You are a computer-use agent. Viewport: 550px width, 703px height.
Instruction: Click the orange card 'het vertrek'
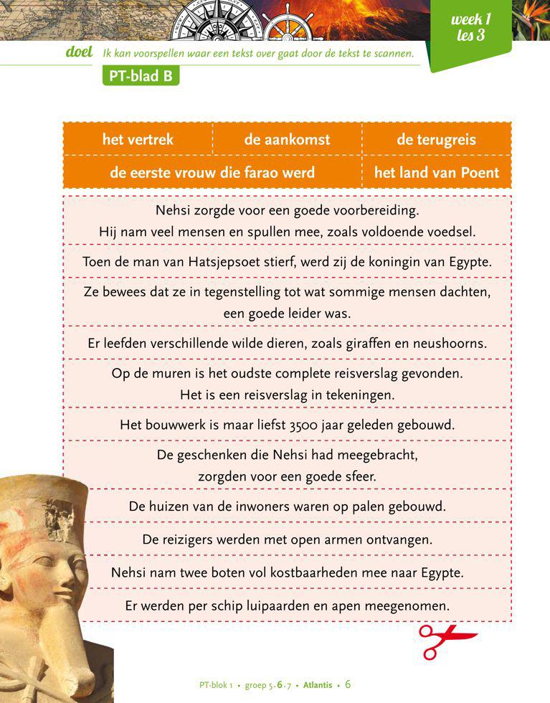(x=138, y=139)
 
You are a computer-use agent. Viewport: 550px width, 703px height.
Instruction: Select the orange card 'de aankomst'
(x=287, y=139)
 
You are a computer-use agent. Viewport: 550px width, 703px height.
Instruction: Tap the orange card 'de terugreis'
(x=436, y=139)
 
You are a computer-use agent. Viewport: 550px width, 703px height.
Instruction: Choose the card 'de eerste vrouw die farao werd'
(x=212, y=173)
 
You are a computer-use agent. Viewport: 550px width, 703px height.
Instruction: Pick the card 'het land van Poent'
(x=436, y=173)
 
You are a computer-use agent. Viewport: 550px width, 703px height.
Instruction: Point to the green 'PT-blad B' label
(x=141, y=76)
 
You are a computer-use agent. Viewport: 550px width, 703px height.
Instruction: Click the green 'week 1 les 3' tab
(x=470, y=27)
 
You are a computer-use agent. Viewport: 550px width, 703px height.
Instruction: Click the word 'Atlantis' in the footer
(x=318, y=685)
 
